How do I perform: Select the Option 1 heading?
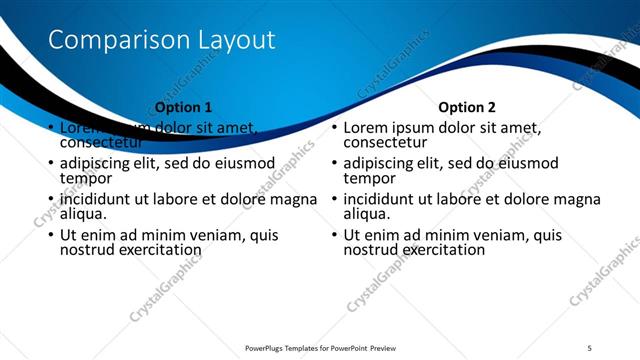pos(184,106)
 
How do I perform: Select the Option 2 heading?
pos(467,106)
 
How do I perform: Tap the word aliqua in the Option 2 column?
pos(368,213)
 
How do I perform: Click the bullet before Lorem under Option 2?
pos(335,129)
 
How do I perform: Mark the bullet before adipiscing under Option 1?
pos(51,164)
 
